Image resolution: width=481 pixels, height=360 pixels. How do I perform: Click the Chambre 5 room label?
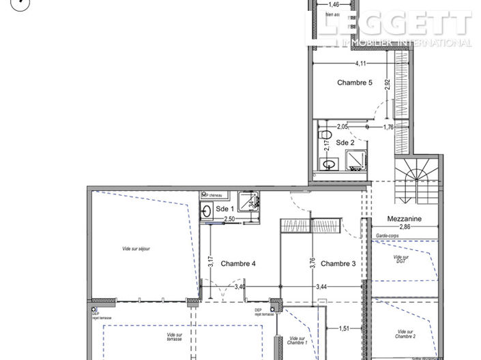point(354,83)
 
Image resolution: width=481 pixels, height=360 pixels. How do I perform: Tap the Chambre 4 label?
point(239,264)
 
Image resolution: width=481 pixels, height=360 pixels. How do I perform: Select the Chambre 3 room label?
point(338,264)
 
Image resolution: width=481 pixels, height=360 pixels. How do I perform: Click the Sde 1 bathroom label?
point(224,209)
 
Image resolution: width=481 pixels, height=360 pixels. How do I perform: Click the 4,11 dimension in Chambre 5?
point(362,64)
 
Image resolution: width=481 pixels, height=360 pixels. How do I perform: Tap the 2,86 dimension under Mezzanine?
point(406,226)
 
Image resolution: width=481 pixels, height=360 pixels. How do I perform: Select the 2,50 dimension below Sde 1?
point(230,219)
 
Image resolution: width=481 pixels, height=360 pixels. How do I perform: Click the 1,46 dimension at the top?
point(334,4)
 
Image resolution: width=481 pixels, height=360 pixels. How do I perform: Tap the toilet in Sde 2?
point(326,134)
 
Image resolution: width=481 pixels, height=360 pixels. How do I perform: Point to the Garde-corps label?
point(388,236)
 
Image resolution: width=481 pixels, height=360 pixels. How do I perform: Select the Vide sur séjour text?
point(136,249)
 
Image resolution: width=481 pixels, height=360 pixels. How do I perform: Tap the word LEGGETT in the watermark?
point(396,25)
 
